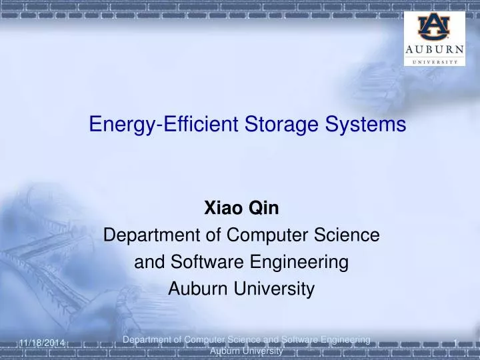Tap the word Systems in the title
pos(371,125)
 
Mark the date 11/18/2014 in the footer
pos(41,343)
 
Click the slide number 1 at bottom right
pos(455,343)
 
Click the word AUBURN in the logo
pos(434,51)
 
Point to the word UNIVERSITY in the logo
pos(434,61)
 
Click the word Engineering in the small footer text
pos(343,340)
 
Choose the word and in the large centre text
pos(147,263)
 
